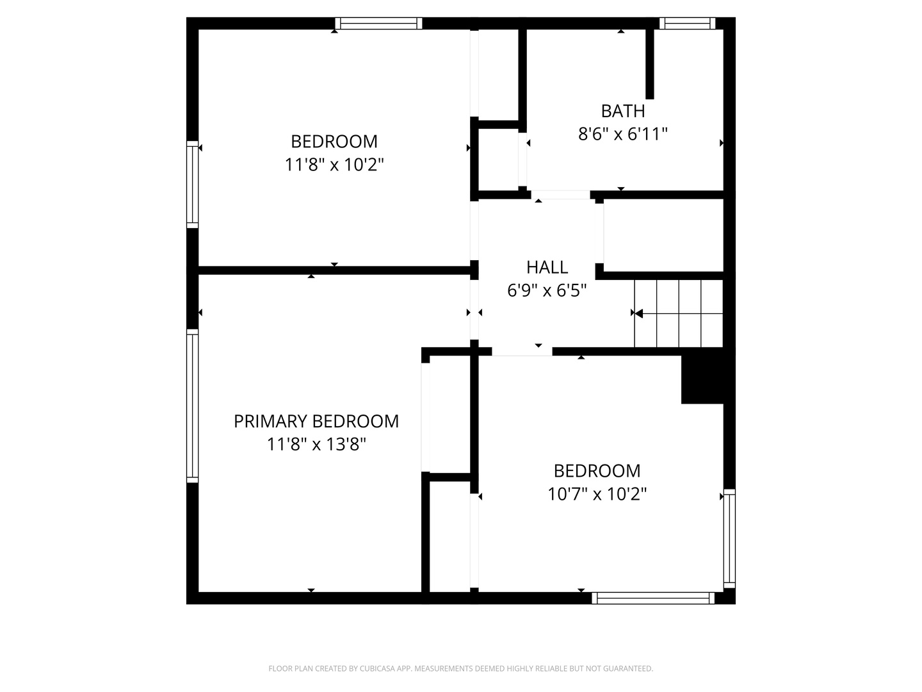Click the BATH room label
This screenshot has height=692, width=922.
click(x=622, y=111)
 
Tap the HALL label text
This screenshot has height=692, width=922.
click(x=547, y=267)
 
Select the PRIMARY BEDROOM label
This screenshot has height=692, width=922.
click(x=316, y=421)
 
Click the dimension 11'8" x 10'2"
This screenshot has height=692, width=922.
click(x=334, y=165)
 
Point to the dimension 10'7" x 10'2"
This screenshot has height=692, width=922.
click(x=597, y=494)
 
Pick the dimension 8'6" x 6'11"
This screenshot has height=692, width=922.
click(x=622, y=134)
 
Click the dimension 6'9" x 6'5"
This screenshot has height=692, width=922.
click(x=547, y=290)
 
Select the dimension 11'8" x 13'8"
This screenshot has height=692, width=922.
click(x=316, y=444)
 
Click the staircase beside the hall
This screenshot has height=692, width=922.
click(x=678, y=313)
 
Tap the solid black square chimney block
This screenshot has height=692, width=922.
click(x=702, y=379)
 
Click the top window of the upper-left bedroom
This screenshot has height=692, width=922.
click(x=378, y=24)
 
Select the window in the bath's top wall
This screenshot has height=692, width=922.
click(x=687, y=24)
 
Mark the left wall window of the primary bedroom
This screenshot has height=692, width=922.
click(x=192, y=406)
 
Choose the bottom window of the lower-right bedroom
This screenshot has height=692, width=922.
click(x=653, y=598)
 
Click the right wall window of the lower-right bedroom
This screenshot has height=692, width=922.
click(x=729, y=538)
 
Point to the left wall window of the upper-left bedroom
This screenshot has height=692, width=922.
click(x=192, y=184)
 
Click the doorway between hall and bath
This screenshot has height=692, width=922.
click(x=560, y=195)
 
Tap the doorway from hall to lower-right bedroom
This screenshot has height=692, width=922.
click(x=522, y=351)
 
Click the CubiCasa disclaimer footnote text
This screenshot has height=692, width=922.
click(x=460, y=668)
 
